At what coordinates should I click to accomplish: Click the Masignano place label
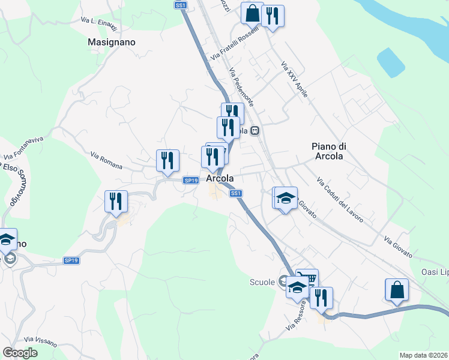tap(112, 43)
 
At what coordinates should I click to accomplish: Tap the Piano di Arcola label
tap(329, 151)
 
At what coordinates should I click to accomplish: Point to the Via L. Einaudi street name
tap(98, 22)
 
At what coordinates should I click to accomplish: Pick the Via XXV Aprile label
tap(294, 77)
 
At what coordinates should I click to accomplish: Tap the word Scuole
tap(263, 282)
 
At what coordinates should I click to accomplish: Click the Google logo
tap(20, 353)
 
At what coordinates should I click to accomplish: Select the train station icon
tap(255, 130)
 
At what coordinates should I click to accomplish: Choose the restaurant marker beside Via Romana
tap(168, 160)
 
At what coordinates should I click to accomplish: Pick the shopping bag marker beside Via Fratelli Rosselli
tap(253, 12)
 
